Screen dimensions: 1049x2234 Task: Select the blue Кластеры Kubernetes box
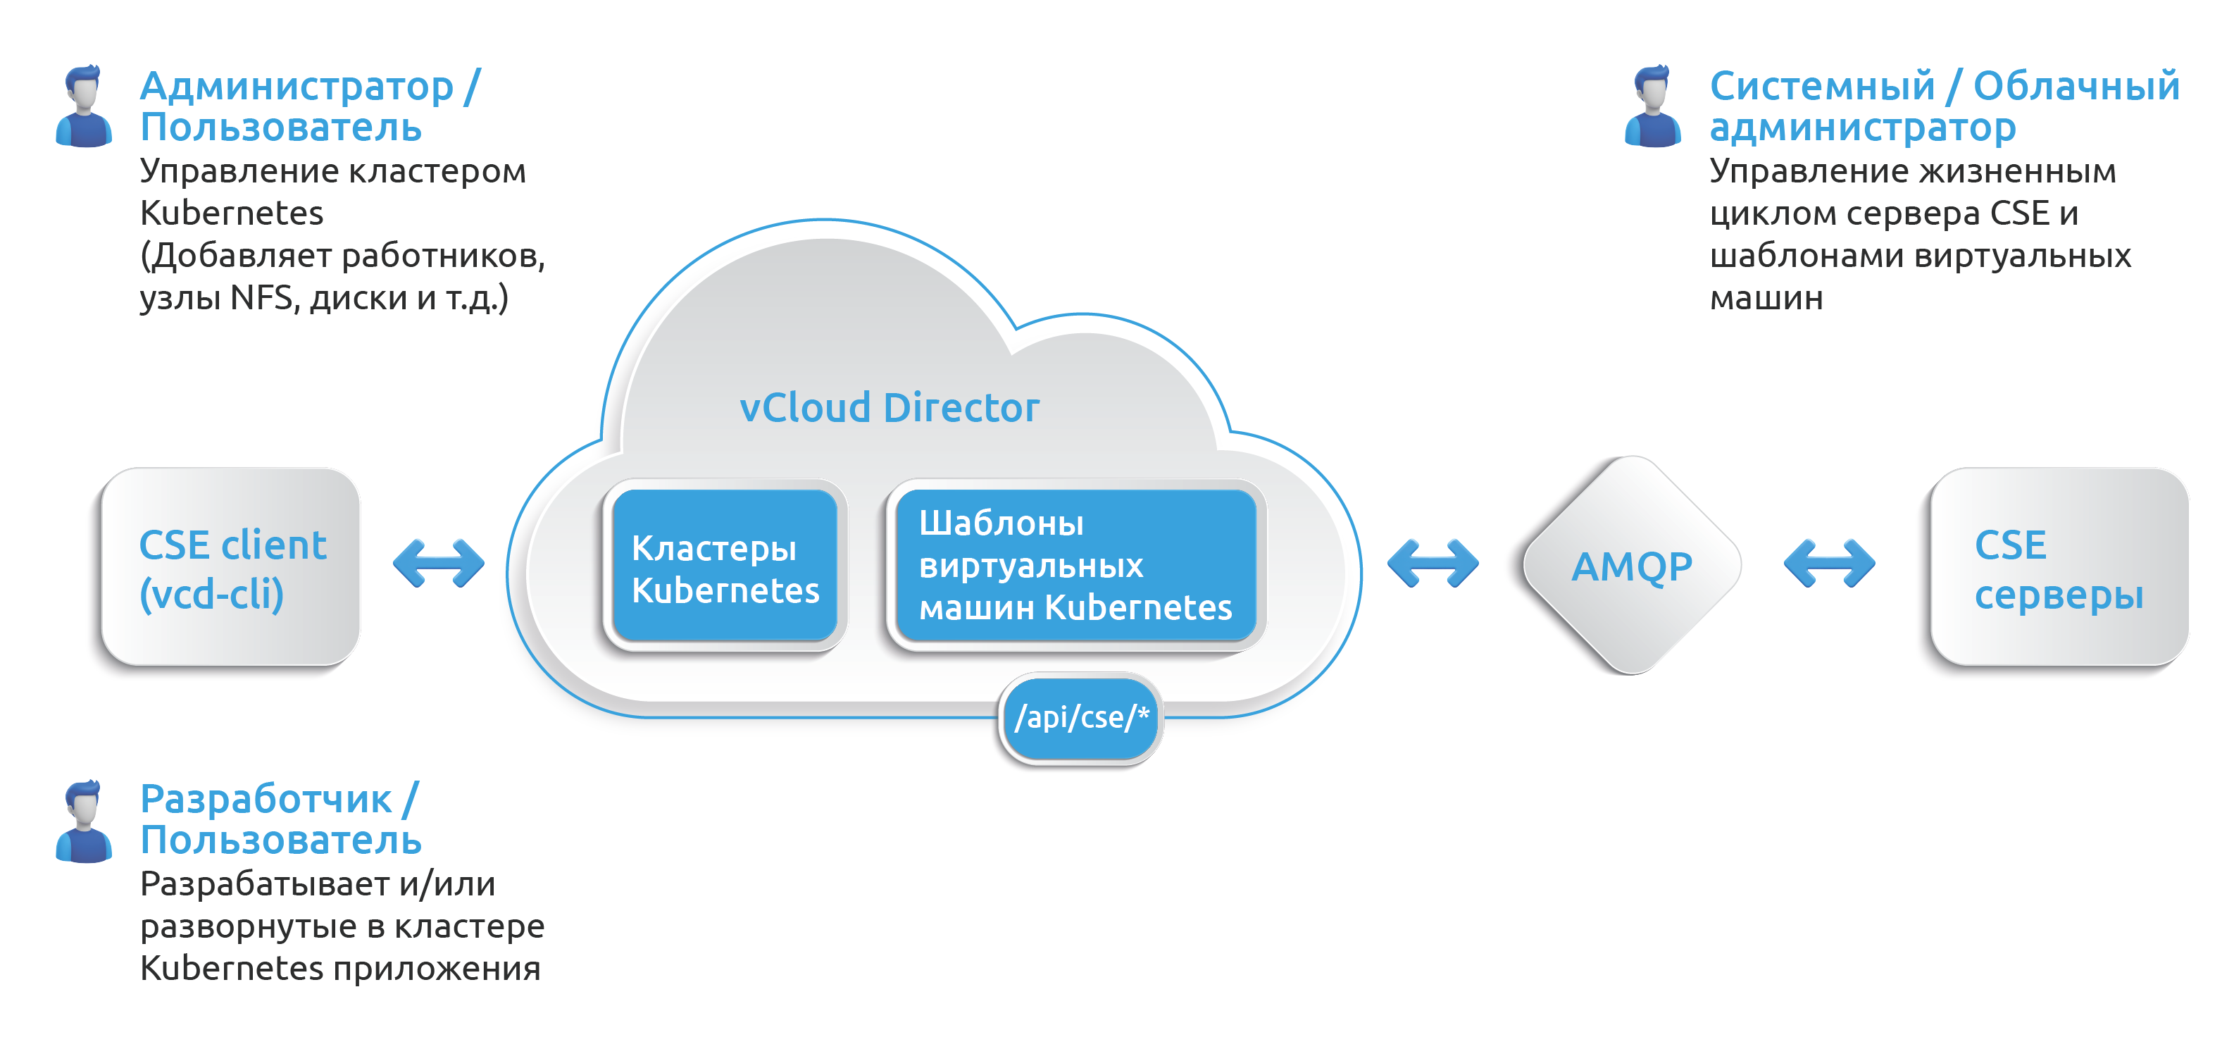point(724,569)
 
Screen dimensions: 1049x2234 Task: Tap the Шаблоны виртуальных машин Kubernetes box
point(1075,566)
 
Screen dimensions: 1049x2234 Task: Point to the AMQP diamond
point(1631,566)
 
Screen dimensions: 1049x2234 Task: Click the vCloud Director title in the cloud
point(889,408)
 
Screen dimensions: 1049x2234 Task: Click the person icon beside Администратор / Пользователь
point(84,106)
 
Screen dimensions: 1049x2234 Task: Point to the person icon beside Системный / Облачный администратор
point(1653,106)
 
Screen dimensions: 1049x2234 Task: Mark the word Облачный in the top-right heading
point(2076,87)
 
